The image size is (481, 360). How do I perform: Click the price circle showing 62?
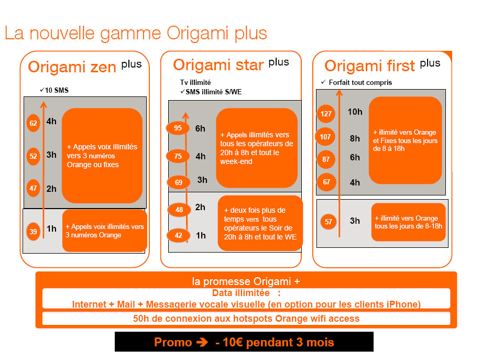click(33, 123)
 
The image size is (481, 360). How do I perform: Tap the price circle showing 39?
click(33, 232)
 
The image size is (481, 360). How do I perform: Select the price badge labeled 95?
click(178, 128)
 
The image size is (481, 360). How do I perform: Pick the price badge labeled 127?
click(326, 114)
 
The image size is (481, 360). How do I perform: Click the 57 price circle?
click(328, 222)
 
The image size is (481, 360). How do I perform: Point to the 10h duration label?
click(355, 112)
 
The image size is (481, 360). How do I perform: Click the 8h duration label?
click(355, 138)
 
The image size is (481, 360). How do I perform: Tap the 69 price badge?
click(179, 182)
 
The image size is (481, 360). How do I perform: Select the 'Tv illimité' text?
click(195, 82)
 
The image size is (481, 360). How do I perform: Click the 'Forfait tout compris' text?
click(360, 82)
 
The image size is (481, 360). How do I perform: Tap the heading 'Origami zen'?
click(72, 67)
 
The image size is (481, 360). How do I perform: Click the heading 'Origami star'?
click(218, 65)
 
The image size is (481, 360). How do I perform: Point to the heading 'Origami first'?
click(369, 66)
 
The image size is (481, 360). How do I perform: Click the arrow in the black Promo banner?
click(202, 342)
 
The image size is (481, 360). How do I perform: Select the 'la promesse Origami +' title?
click(246, 281)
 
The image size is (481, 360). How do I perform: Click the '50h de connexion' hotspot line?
click(246, 318)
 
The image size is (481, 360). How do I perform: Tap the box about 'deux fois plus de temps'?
click(260, 223)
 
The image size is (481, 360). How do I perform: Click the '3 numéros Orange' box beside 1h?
click(105, 231)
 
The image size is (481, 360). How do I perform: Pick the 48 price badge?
click(179, 210)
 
